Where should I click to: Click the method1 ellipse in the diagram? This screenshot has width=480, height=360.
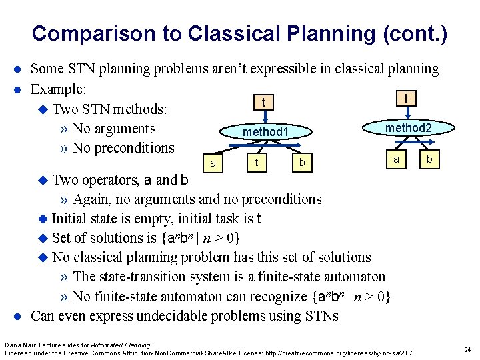click(x=265, y=133)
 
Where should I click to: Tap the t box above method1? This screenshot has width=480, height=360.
click(x=265, y=102)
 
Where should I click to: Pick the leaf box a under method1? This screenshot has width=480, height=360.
click(x=212, y=163)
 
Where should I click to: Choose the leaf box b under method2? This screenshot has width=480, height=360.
click(x=429, y=159)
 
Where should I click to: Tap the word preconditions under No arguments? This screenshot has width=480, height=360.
click(x=133, y=148)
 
